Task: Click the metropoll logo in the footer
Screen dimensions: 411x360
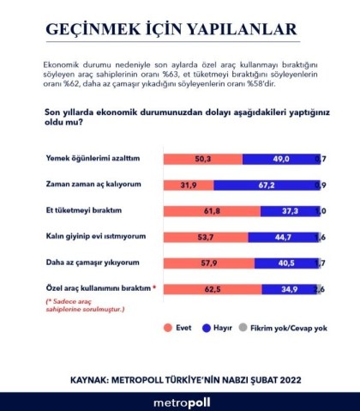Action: [180, 400]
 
